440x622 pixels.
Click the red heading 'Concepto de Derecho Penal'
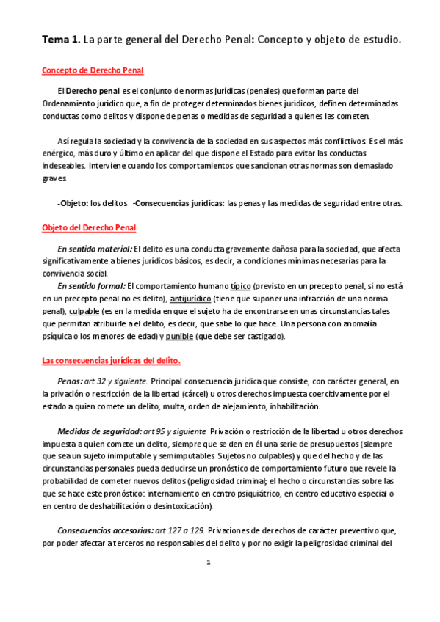[93, 70]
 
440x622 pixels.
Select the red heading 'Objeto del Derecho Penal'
[89, 228]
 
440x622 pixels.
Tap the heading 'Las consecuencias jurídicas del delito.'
[111, 361]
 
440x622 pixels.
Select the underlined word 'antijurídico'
[191, 299]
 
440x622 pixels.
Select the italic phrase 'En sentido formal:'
[91, 286]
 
